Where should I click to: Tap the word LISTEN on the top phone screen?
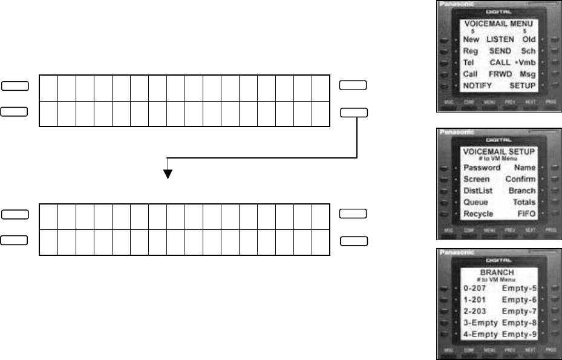pos(500,39)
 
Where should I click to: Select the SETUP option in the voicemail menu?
pos(523,86)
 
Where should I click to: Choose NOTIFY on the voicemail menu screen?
pos(477,86)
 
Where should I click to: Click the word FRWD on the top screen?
pos(500,74)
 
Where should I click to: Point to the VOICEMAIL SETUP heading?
pos(499,150)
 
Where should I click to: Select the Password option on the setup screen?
pos(482,167)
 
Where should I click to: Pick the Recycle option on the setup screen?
pos(478,214)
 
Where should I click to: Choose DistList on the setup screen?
pos(478,191)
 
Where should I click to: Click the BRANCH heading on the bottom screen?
pos(499,272)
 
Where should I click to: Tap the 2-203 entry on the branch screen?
pos(474,311)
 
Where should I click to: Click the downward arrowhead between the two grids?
pos(168,174)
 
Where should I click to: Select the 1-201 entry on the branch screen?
pos(474,299)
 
